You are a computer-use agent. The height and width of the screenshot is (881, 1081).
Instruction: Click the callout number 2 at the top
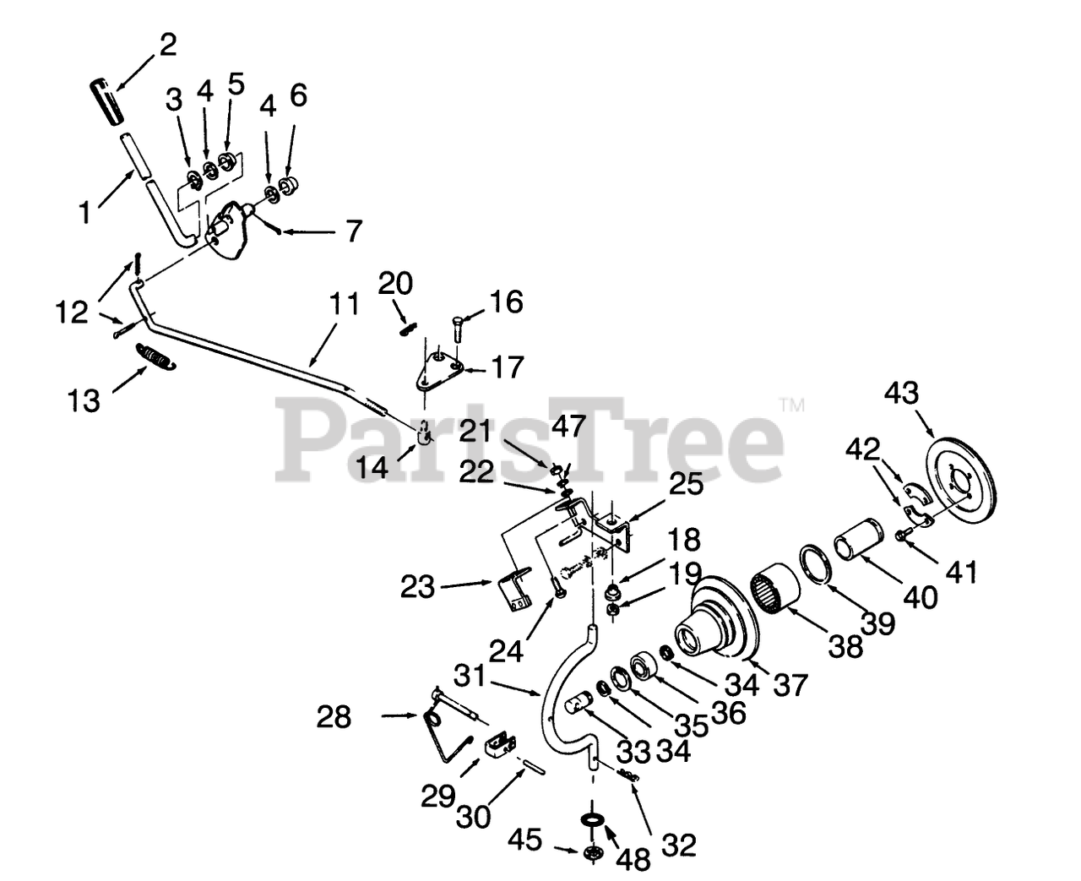click(x=168, y=45)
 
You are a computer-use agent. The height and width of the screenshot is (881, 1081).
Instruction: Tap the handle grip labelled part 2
click(x=106, y=101)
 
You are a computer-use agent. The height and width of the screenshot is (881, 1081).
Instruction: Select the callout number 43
click(x=902, y=393)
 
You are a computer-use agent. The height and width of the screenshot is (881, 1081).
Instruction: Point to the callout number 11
click(x=343, y=305)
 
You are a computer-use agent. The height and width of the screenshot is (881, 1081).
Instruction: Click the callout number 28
click(x=334, y=717)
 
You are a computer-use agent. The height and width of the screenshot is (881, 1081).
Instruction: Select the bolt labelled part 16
click(x=458, y=325)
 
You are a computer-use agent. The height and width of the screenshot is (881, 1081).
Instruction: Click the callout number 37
click(x=790, y=683)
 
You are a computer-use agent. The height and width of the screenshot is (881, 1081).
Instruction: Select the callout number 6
click(x=298, y=95)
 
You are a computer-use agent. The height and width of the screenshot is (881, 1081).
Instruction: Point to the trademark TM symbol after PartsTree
click(x=792, y=406)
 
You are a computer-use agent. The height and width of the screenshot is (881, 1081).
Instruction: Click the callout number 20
click(x=394, y=282)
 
